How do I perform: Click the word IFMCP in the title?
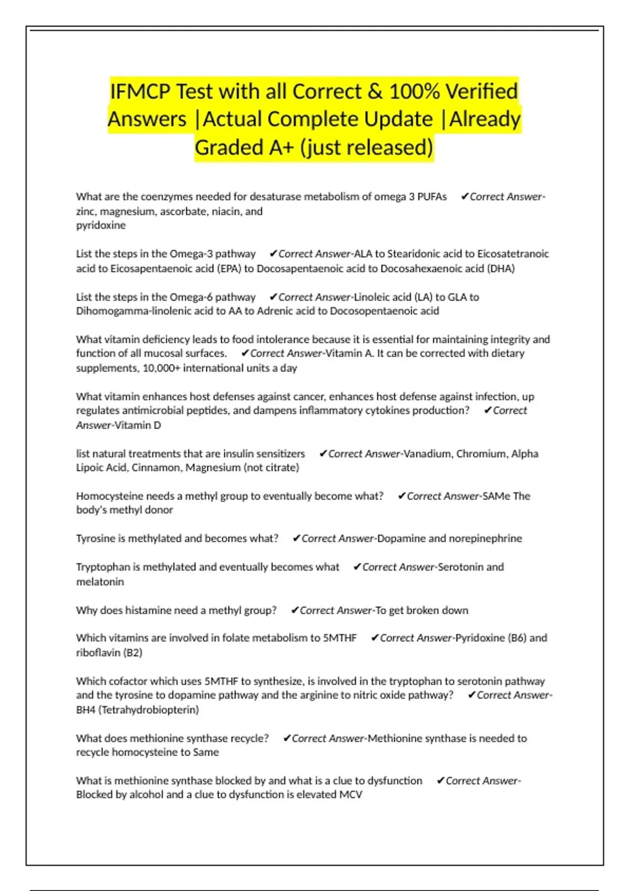140,91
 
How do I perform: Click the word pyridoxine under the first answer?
101,225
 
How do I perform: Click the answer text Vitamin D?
137,426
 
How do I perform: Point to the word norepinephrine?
485,539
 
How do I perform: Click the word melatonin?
100,582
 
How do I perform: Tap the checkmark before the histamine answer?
295,610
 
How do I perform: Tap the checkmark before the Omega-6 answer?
273,297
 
